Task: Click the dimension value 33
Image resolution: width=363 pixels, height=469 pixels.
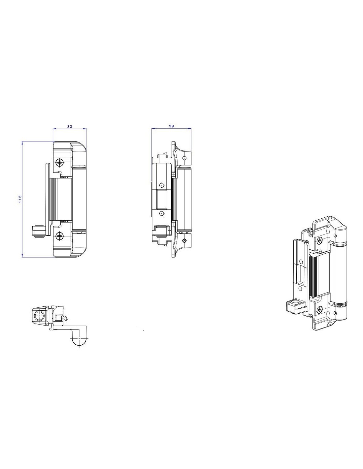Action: tap(69, 126)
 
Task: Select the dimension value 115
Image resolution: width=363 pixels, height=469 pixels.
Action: tap(20, 199)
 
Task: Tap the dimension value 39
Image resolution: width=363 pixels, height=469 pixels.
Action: tap(171, 126)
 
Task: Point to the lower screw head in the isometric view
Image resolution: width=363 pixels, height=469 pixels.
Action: tap(320, 310)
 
